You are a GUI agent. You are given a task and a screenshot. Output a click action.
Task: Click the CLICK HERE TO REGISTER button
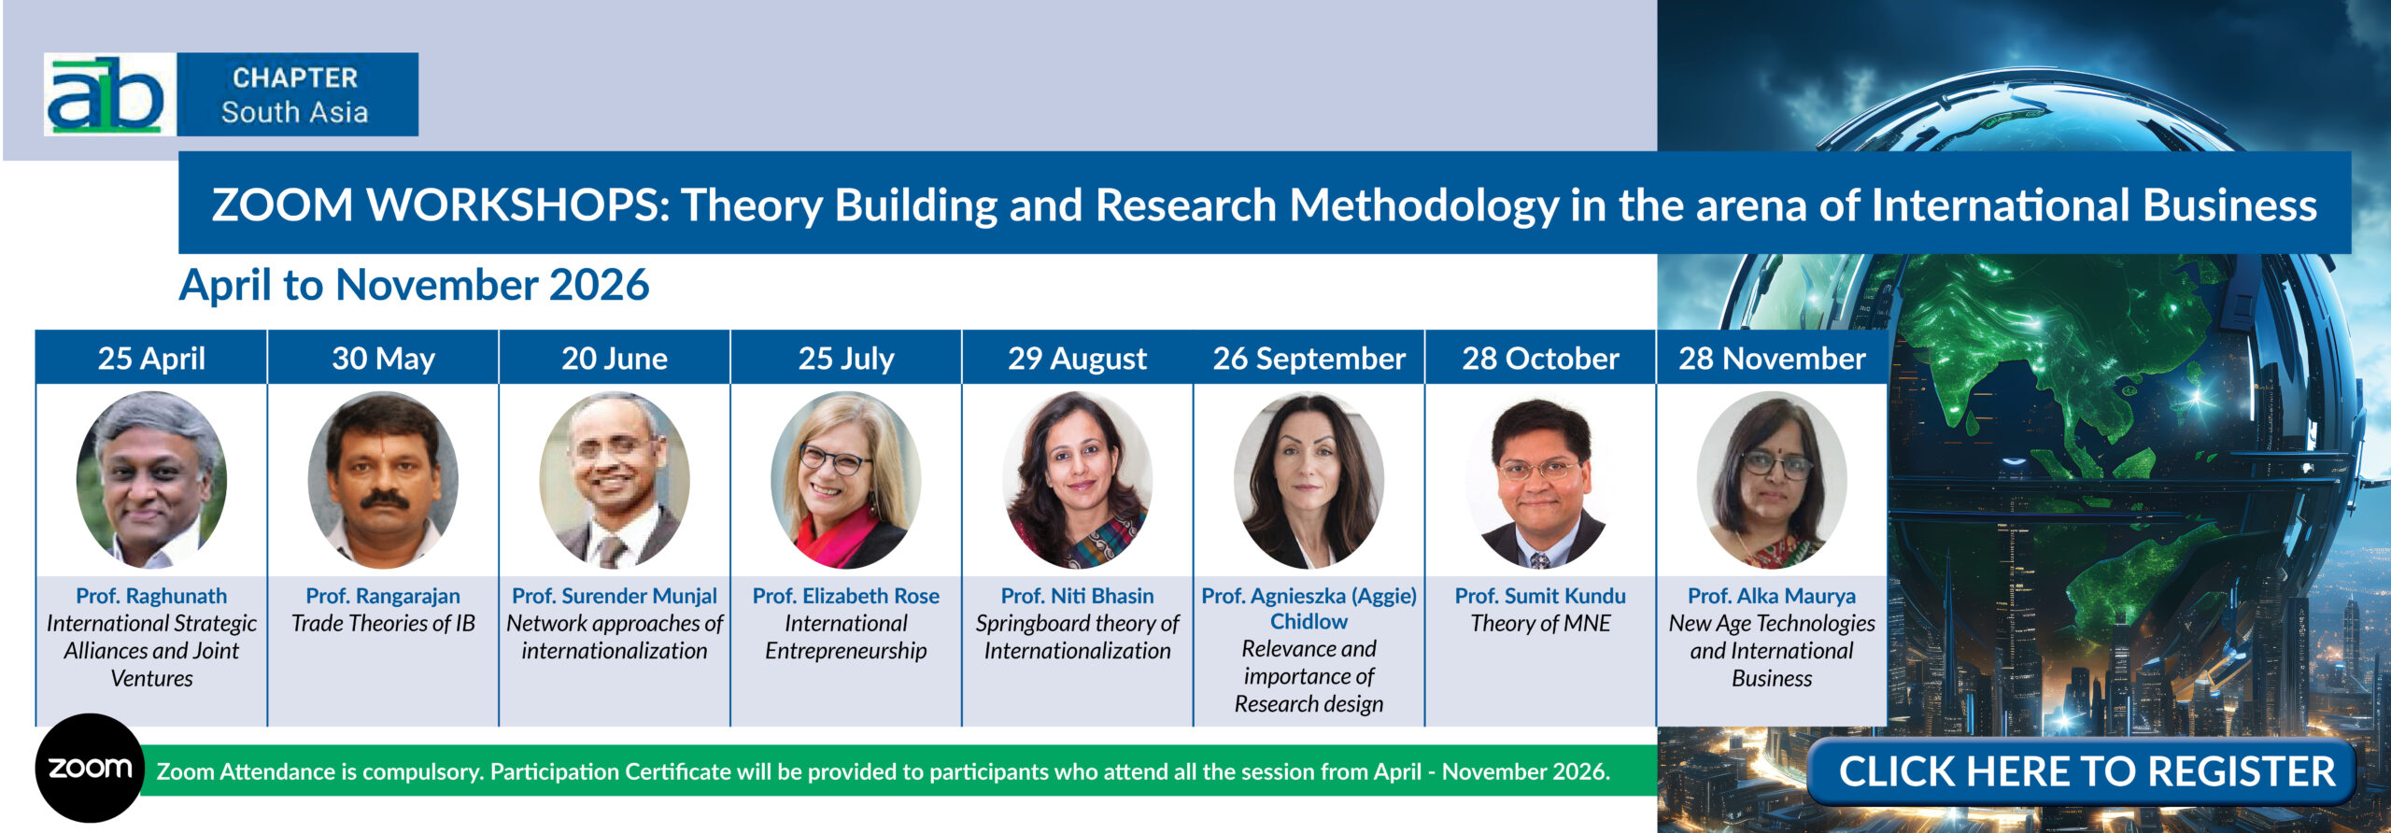point(2086,772)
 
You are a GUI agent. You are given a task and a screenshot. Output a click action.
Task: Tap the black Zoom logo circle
point(90,768)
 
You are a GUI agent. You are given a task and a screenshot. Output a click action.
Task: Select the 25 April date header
point(151,359)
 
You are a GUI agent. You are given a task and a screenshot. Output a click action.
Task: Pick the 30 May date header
point(383,359)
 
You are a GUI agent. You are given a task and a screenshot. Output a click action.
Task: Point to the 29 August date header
point(1077,359)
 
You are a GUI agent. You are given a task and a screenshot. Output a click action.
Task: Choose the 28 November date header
point(1771,359)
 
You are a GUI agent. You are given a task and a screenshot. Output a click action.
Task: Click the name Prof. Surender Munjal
point(615,596)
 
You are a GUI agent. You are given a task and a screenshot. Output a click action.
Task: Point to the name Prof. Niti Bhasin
point(1077,596)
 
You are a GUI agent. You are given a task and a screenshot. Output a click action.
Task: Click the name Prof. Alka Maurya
point(1771,596)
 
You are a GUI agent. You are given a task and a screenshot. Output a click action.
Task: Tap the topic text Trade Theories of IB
point(383,623)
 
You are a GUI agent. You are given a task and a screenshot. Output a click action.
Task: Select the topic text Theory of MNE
point(1540,623)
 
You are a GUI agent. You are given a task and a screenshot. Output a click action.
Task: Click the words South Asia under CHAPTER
point(294,112)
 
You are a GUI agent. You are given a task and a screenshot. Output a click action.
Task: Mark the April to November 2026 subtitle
point(414,285)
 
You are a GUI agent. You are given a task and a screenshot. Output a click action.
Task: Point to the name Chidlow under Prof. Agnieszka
point(1309,622)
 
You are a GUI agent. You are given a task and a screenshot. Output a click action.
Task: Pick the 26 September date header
point(1309,359)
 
